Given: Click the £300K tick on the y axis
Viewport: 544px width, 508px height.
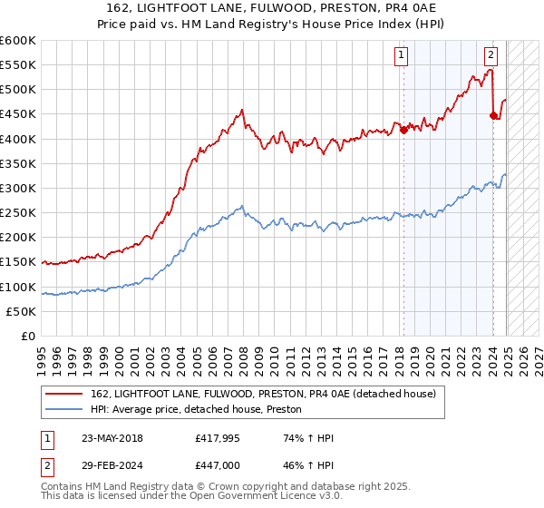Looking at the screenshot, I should tap(18, 188).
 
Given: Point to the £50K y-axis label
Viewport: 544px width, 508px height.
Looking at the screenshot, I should tap(21, 311).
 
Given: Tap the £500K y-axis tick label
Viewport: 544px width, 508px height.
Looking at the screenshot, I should tap(18, 89).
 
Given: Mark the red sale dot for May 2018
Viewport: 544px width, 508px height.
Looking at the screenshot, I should tap(403, 129).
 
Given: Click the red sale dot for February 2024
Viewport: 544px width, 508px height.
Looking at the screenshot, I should tap(493, 115).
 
